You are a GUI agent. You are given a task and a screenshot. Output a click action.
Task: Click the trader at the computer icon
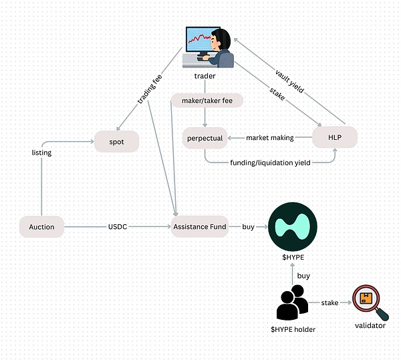(x=209, y=47)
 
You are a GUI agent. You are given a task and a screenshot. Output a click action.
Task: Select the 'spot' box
(x=116, y=141)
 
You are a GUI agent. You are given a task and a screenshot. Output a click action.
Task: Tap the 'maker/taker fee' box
(x=207, y=100)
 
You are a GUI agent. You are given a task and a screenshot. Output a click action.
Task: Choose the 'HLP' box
(x=334, y=137)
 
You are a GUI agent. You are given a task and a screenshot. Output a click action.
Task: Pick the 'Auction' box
(x=41, y=227)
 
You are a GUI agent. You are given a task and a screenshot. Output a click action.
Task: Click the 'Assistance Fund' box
(x=200, y=227)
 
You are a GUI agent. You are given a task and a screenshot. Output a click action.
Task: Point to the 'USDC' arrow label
(x=118, y=227)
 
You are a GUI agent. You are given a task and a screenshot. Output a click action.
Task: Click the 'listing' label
(x=42, y=153)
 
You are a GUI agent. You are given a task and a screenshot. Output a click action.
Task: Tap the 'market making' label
(x=269, y=138)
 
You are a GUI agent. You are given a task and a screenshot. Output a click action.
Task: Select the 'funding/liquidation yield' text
(x=269, y=163)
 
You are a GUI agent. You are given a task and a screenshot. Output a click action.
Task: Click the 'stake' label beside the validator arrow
(x=330, y=302)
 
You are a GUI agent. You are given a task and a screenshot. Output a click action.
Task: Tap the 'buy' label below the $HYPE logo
(x=303, y=275)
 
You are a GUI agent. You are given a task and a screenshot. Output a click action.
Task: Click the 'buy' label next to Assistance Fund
(x=248, y=227)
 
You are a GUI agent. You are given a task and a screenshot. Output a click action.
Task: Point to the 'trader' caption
(x=205, y=76)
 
